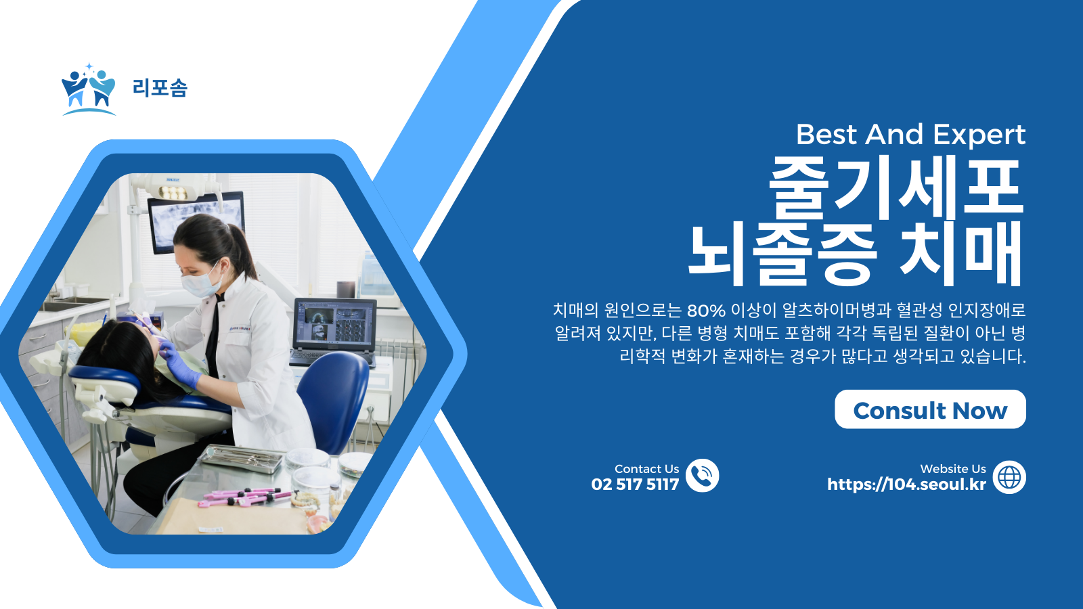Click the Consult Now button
click(x=930, y=409)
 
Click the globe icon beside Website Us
click(x=1009, y=477)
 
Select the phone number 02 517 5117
click(x=635, y=484)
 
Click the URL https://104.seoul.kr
click(x=906, y=484)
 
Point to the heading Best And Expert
click(x=910, y=135)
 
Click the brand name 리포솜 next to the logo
click(x=160, y=88)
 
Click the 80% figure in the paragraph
click(x=706, y=311)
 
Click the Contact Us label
click(x=646, y=469)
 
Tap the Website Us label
click(x=952, y=469)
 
